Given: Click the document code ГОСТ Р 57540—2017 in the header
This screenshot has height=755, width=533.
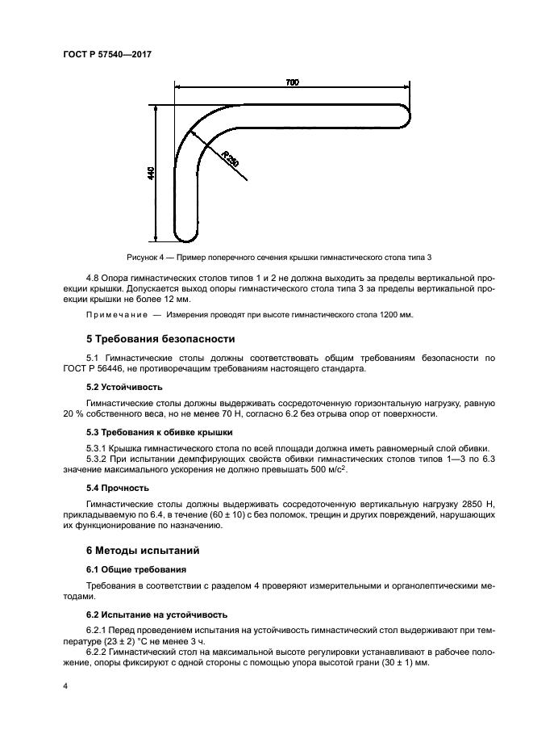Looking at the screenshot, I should tap(107, 54).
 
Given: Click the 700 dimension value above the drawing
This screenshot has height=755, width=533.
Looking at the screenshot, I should tap(293, 82).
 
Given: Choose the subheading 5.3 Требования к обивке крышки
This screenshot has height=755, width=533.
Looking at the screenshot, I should tap(159, 432).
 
